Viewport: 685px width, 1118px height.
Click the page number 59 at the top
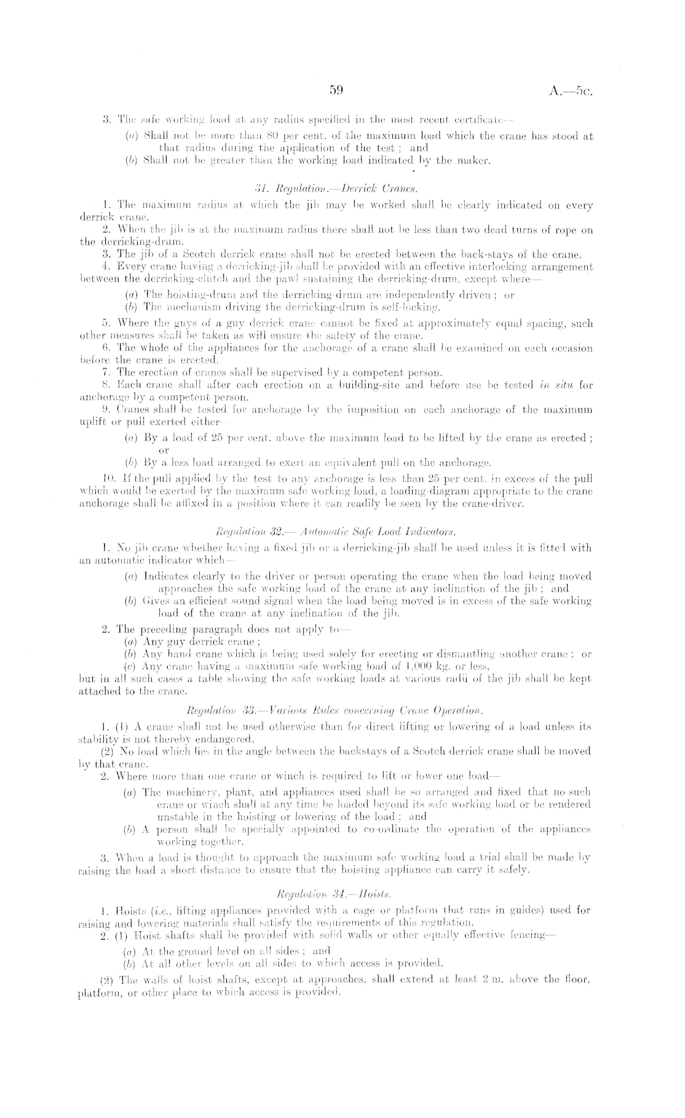[336, 91]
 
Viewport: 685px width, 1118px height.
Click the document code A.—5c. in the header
[572, 92]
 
